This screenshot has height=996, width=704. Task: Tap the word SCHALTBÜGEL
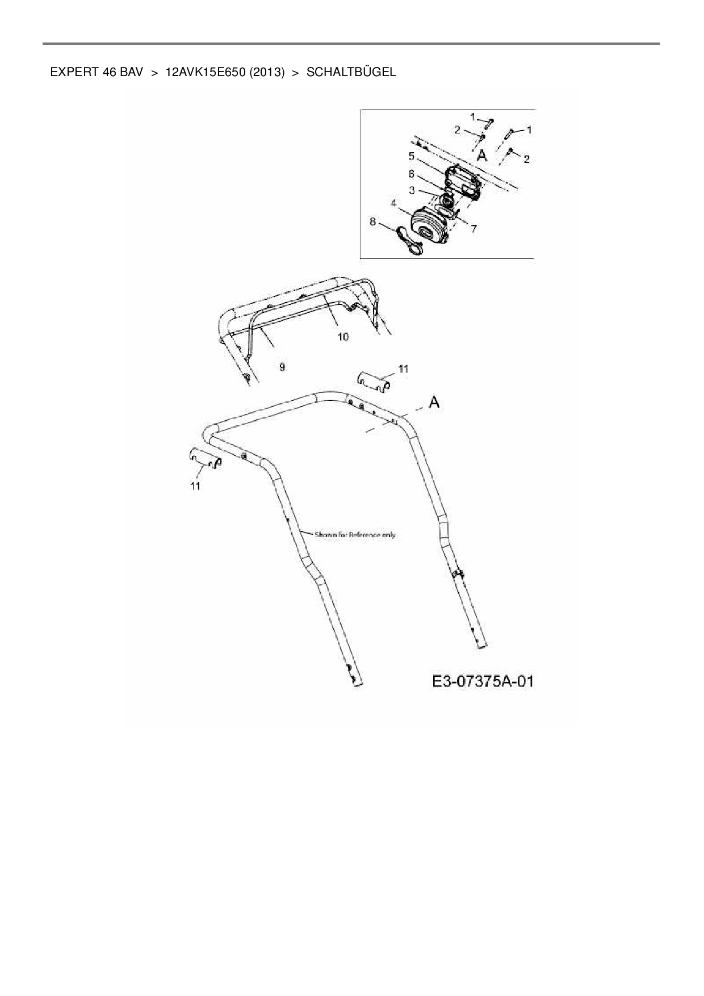coord(351,72)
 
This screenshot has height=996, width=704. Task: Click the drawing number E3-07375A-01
coord(483,681)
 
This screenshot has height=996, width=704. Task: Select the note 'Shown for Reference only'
coord(355,534)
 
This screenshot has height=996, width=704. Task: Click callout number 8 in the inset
coord(373,221)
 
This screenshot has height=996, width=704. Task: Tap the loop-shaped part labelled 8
coord(408,241)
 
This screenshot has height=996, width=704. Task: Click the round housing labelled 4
coord(428,227)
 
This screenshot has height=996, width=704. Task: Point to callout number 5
coord(412,156)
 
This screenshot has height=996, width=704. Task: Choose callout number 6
coord(412,174)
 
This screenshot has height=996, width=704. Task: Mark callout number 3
coord(412,190)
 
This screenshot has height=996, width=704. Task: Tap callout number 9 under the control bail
coord(282,367)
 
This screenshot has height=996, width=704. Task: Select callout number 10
coord(343,337)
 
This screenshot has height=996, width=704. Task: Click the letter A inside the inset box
coord(481,155)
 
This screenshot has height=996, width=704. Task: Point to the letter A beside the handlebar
coord(434,403)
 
